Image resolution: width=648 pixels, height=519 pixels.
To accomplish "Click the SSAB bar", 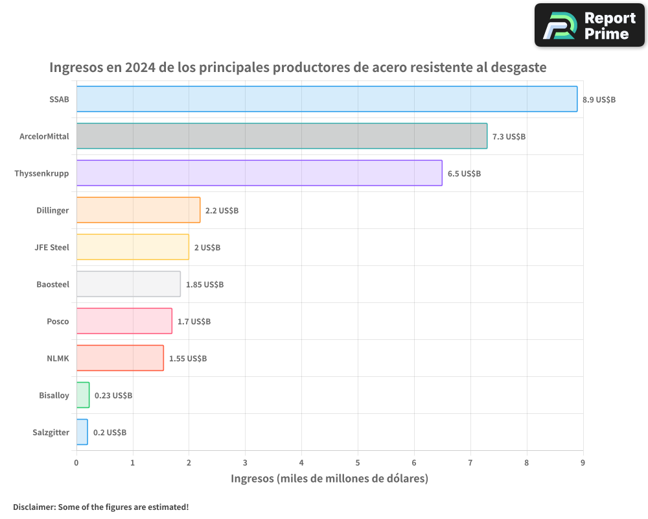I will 327,99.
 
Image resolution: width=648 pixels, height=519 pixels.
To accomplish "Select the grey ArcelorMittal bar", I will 282,136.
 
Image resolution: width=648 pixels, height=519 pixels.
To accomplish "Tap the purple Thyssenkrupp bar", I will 259,173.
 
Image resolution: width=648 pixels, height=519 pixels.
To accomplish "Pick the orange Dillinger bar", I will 138,210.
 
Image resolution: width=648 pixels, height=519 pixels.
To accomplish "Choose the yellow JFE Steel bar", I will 133,247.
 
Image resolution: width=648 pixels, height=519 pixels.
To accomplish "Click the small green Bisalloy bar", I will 83,395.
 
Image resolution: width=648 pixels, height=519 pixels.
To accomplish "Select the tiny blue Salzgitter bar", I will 82,432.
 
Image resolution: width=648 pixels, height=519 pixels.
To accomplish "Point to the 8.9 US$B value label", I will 599,100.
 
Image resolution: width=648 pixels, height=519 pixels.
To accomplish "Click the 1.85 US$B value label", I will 205,285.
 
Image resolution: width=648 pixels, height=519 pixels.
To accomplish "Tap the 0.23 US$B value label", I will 113,396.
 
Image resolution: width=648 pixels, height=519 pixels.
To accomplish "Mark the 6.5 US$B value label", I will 464,174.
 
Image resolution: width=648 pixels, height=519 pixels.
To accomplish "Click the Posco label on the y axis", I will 58,321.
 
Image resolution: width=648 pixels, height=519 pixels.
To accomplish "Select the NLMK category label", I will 58,358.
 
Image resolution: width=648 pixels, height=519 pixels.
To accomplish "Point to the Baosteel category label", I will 52,284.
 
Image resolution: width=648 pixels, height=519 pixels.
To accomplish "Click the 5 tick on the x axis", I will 358,463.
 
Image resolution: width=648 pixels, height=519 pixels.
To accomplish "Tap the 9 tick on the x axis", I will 583,463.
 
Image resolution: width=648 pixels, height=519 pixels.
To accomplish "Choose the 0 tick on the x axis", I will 76,463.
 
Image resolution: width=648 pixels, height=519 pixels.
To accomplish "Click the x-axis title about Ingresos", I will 330,479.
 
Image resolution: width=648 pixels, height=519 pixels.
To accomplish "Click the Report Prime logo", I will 589,25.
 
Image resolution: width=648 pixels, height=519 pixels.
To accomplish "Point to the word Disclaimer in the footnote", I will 34,507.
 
